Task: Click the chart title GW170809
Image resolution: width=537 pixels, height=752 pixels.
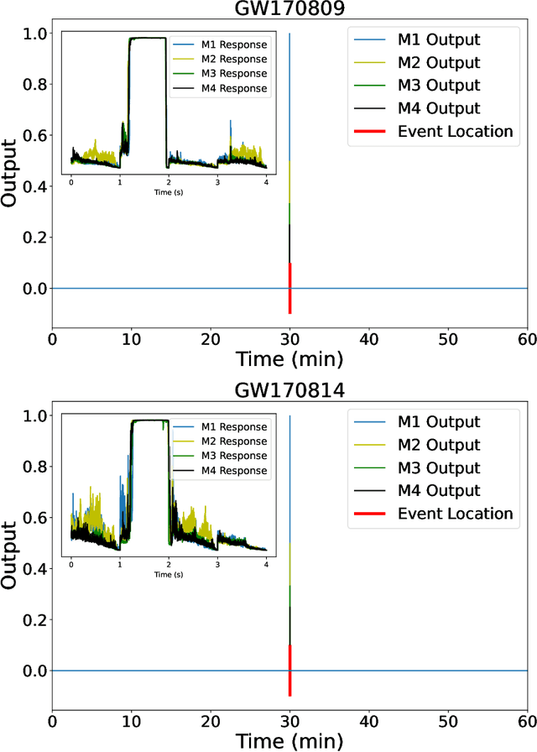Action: (289, 10)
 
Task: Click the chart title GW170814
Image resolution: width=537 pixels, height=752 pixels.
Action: (289, 393)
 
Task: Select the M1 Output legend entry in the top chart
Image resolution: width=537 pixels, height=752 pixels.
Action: (439, 40)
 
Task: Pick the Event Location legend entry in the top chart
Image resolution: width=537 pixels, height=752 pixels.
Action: (455, 131)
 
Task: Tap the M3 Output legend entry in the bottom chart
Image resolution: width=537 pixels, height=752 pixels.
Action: (439, 467)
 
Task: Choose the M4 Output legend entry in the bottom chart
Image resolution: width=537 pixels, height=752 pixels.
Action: (439, 490)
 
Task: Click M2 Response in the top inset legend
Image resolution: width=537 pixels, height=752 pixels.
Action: (234, 60)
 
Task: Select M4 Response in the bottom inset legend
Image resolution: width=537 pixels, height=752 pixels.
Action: (234, 470)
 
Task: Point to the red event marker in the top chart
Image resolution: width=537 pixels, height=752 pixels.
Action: (289, 289)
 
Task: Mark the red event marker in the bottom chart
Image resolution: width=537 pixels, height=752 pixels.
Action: (289, 671)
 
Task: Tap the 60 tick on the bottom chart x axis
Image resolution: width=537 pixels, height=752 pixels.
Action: (526, 720)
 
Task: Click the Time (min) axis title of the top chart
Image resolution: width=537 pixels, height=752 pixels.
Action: (289, 360)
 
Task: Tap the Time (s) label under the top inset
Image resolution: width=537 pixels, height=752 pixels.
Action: (169, 192)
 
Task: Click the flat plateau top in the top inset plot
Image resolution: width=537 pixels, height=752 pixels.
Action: (147, 38)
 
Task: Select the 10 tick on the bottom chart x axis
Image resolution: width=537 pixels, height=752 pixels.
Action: (132, 720)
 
